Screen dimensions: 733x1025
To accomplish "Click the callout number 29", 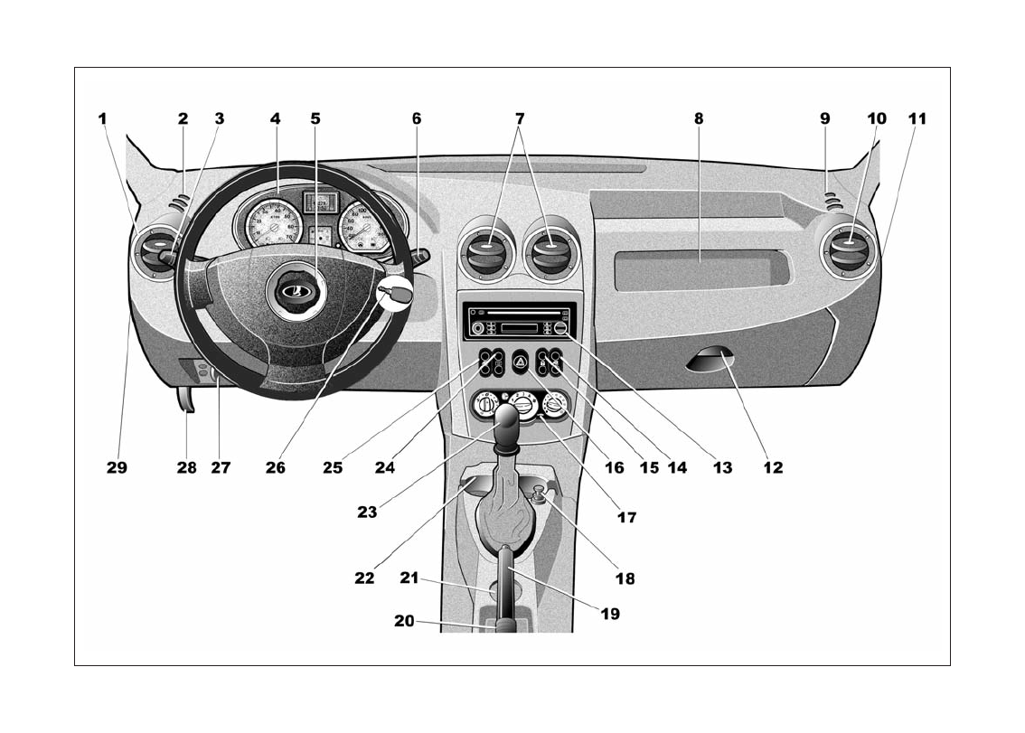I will [x=117, y=468].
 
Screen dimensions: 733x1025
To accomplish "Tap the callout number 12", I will [x=772, y=468].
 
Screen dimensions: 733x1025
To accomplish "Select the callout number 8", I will [x=699, y=118].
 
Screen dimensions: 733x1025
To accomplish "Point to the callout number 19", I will [x=610, y=614].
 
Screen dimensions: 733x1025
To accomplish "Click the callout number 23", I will [x=366, y=512].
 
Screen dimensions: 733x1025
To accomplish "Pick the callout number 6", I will [x=417, y=118].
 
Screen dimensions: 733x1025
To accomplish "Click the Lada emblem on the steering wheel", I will [x=293, y=291].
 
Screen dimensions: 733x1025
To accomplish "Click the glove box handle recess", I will [x=709, y=363].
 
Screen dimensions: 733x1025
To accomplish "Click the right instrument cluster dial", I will [x=363, y=227].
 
